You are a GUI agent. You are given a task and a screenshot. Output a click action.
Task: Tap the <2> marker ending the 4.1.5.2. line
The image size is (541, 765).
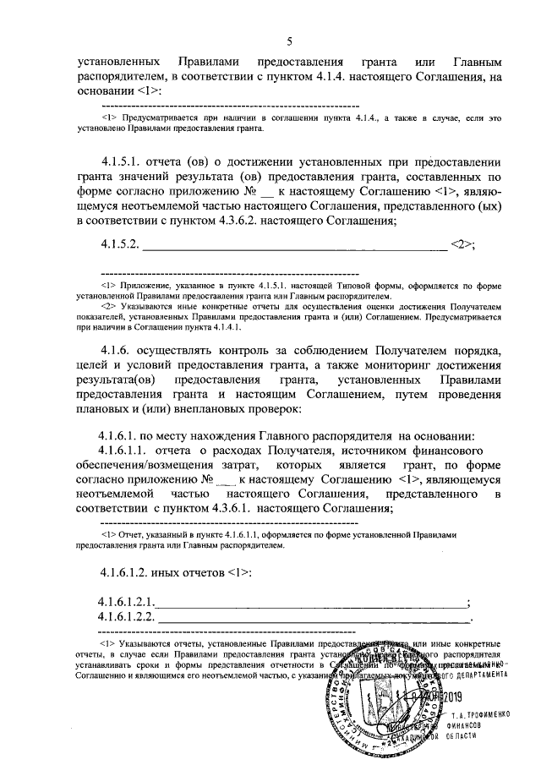click(462, 245)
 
